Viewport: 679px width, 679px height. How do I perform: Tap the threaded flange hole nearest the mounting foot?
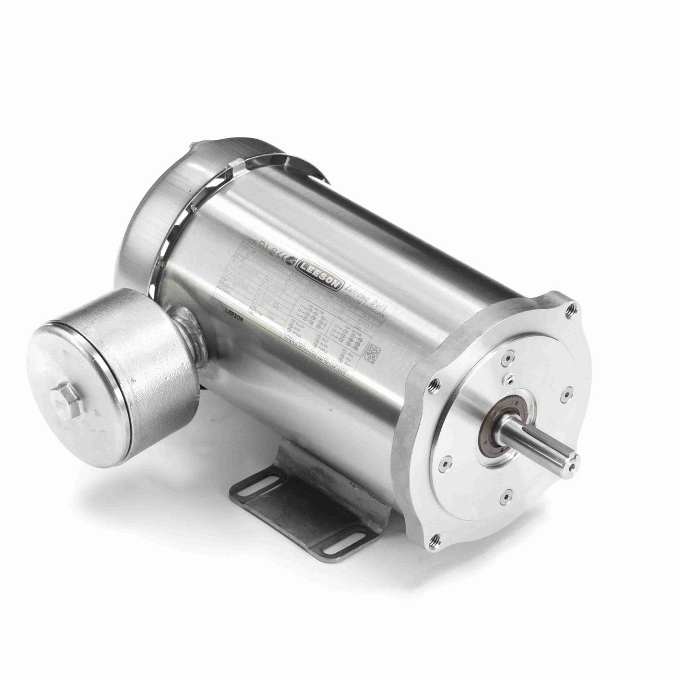tap(435, 539)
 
